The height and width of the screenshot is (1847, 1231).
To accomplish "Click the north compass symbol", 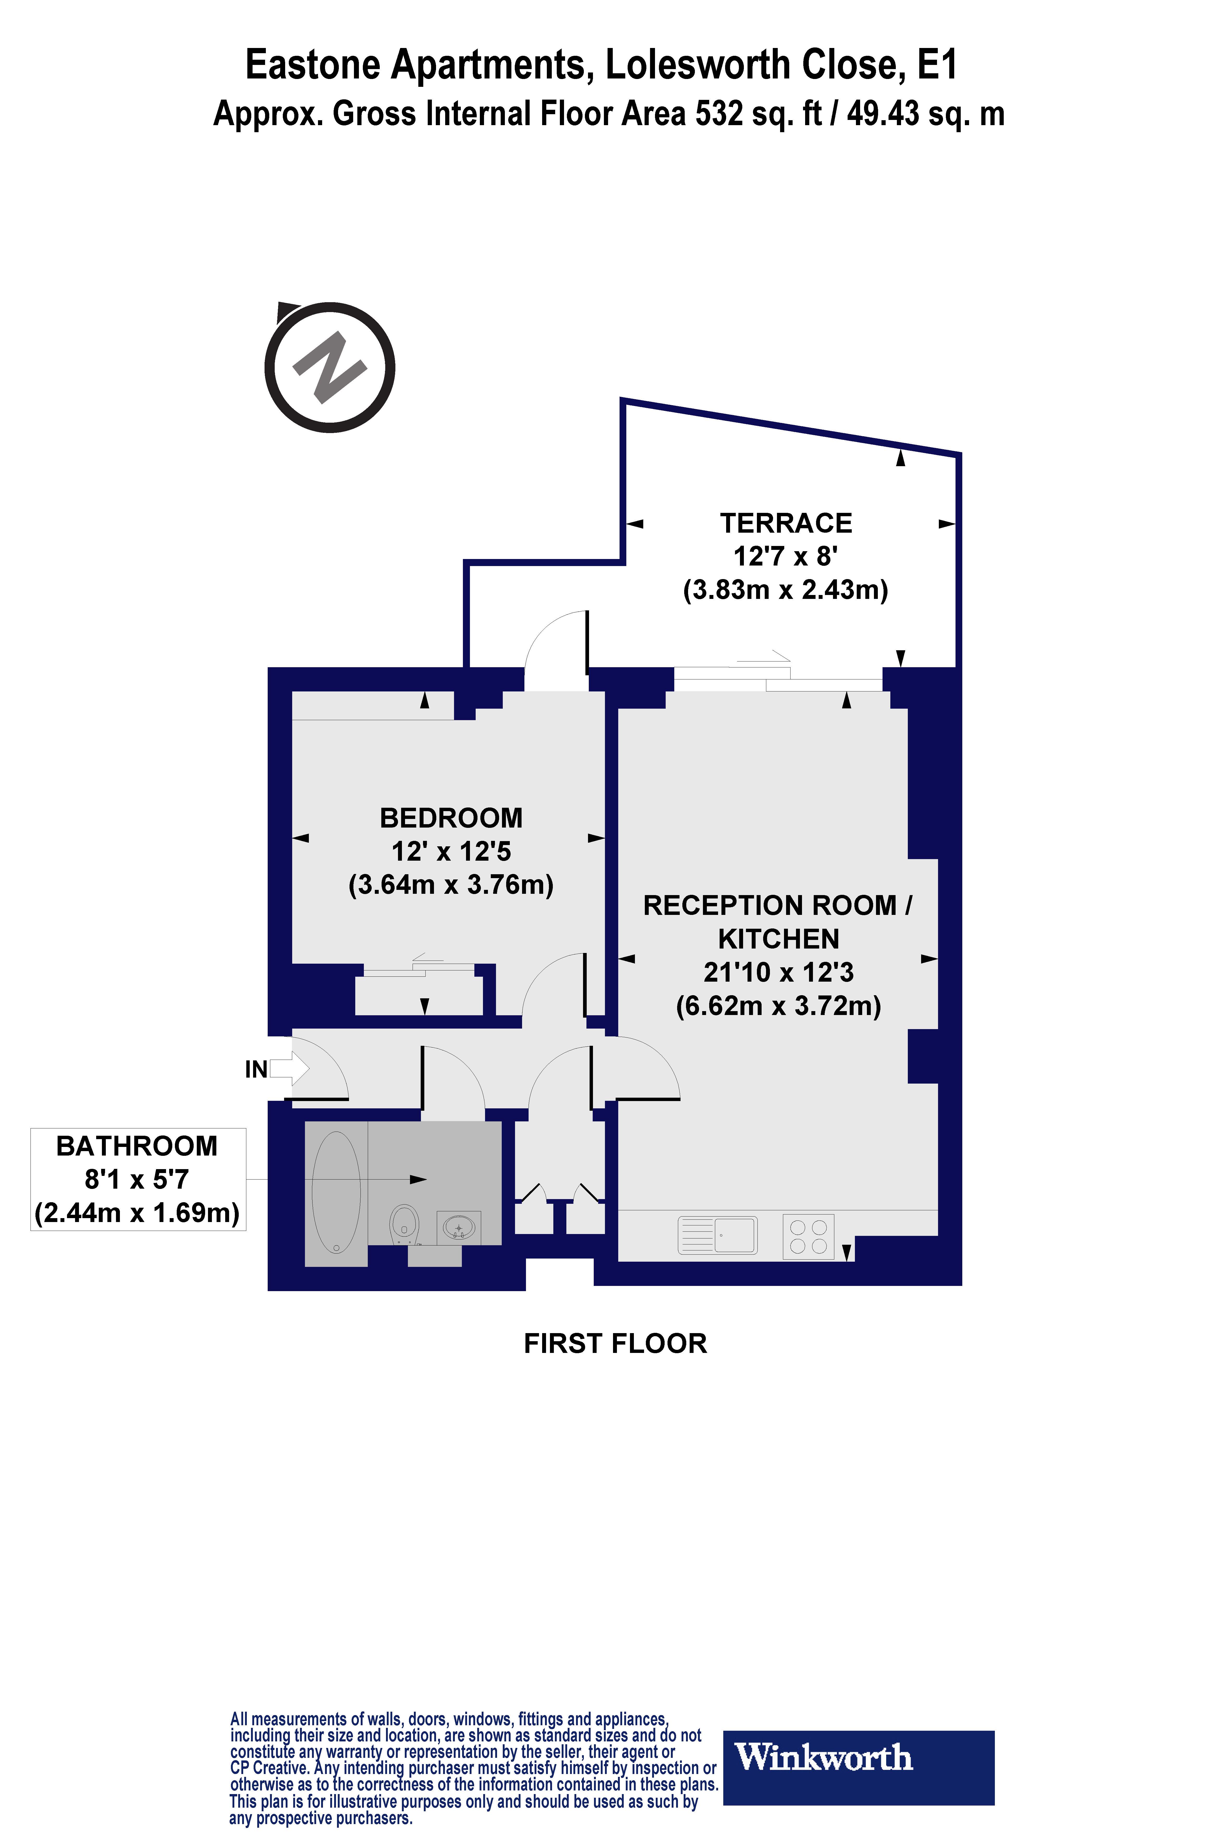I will tap(330, 368).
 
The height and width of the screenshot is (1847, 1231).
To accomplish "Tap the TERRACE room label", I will tap(786, 523).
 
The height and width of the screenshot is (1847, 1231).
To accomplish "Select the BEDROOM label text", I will tap(451, 818).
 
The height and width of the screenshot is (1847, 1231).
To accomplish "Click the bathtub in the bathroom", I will tap(336, 1192).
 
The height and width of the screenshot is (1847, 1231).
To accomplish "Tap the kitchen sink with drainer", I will tap(718, 1235).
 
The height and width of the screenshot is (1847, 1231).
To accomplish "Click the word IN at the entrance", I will tap(256, 1070).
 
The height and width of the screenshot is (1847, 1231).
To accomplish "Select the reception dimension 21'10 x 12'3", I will tap(778, 972).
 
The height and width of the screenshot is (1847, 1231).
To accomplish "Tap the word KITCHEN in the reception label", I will tap(778, 939).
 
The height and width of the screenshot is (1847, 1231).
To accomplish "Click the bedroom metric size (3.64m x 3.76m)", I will tap(451, 885).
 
